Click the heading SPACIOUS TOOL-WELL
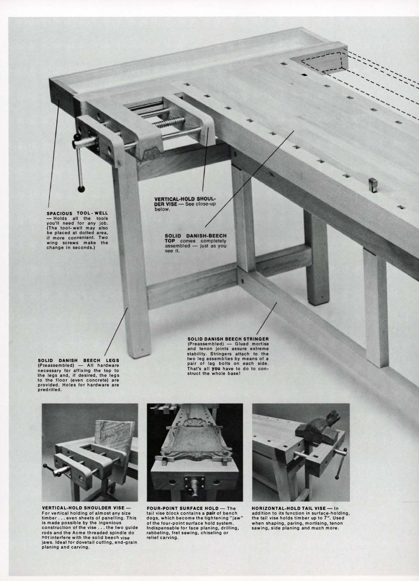pos(77,213)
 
